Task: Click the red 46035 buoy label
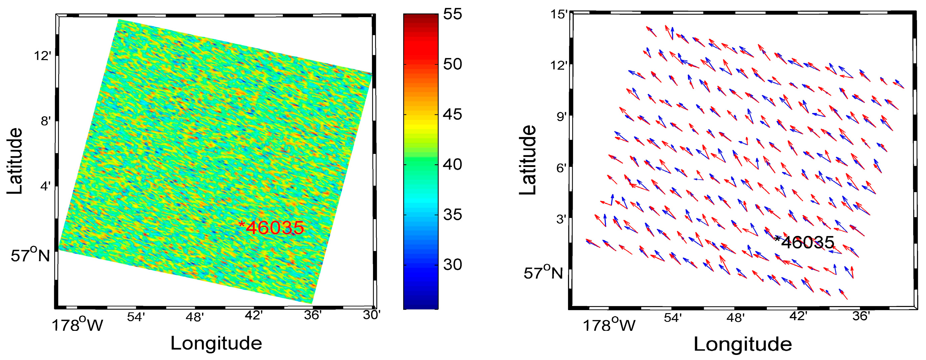[272, 228]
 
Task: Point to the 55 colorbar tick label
[452, 14]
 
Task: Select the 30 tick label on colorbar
[452, 264]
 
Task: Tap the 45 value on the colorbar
[452, 114]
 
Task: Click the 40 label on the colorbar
[452, 164]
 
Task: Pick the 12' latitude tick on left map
[42, 56]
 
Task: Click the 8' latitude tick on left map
[46, 121]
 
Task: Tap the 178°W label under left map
[77, 325]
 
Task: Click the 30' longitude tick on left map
[372, 315]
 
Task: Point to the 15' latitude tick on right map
[559, 14]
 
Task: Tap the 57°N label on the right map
[543, 273]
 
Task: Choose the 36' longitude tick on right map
[861, 316]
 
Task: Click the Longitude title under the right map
[743, 344]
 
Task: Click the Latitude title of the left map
[15, 161]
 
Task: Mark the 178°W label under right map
[609, 325]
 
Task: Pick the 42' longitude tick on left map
[253, 315]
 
